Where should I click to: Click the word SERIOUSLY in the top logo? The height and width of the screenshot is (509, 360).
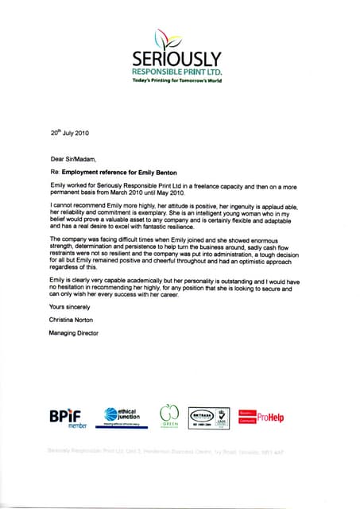point(179,59)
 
